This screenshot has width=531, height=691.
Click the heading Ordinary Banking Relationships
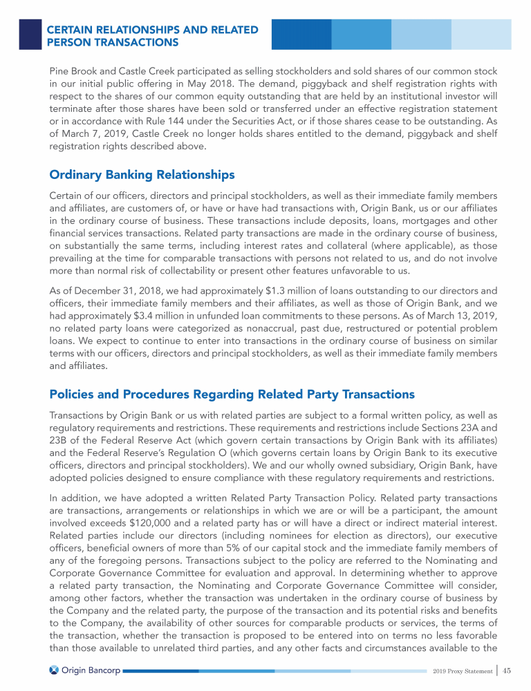tap(142, 174)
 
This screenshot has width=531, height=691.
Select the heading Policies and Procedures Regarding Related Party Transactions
tap(232, 394)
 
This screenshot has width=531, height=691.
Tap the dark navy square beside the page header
tap(30, 34)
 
